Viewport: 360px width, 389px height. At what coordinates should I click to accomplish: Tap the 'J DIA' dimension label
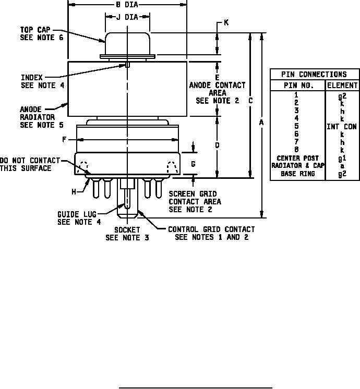coord(128,17)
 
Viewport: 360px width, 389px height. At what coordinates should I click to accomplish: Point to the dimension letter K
coord(226,22)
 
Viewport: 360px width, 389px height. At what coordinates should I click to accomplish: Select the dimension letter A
coord(261,123)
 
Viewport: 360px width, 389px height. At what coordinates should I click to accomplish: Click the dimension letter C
coord(250,101)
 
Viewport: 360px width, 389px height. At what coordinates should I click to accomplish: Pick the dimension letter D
coord(217,145)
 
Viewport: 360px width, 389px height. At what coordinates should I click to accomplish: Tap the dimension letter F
coord(64,140)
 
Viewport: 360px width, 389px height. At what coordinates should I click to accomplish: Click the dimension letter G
coord(193,164)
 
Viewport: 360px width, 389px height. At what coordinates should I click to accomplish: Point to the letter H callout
coord(74,192)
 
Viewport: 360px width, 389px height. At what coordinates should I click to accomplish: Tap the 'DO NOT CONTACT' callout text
coord(30,161)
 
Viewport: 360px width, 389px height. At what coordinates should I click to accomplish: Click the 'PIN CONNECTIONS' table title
coord(314,75)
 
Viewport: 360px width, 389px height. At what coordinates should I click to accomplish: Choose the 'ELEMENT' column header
coord(342,86)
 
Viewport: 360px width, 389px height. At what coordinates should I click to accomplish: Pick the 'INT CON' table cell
coord(342,126)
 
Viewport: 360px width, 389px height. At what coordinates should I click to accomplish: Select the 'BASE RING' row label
coord(297,174)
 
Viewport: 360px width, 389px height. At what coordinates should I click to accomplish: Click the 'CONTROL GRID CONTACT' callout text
coord(211,229)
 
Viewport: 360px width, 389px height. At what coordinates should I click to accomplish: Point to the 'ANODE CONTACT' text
coord(217,85)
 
